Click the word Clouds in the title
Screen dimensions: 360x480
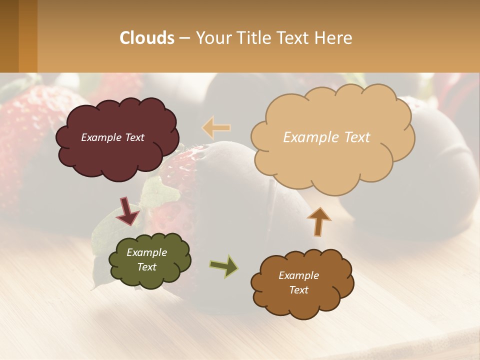pyautogui.click(x=147, y=38)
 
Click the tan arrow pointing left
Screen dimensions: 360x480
pyautogui.click(x=216, y=127)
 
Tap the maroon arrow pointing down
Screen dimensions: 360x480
pyautogui.click(x=128, y=210)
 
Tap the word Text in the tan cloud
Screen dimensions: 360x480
pyautogui.click(x=354, y=137)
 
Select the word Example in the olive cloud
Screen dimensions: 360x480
pyautogui.click(x=146, y=253)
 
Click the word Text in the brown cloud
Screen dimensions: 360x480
pyautogui.click(x=298, y=290)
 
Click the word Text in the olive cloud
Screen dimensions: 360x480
pyautogui.click(x=146, y=267)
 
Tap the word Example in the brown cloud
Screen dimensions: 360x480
pyautogui.click(x=298, y=275)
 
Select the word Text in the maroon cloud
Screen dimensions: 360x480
pyautogui.click(x=134, y=137)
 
